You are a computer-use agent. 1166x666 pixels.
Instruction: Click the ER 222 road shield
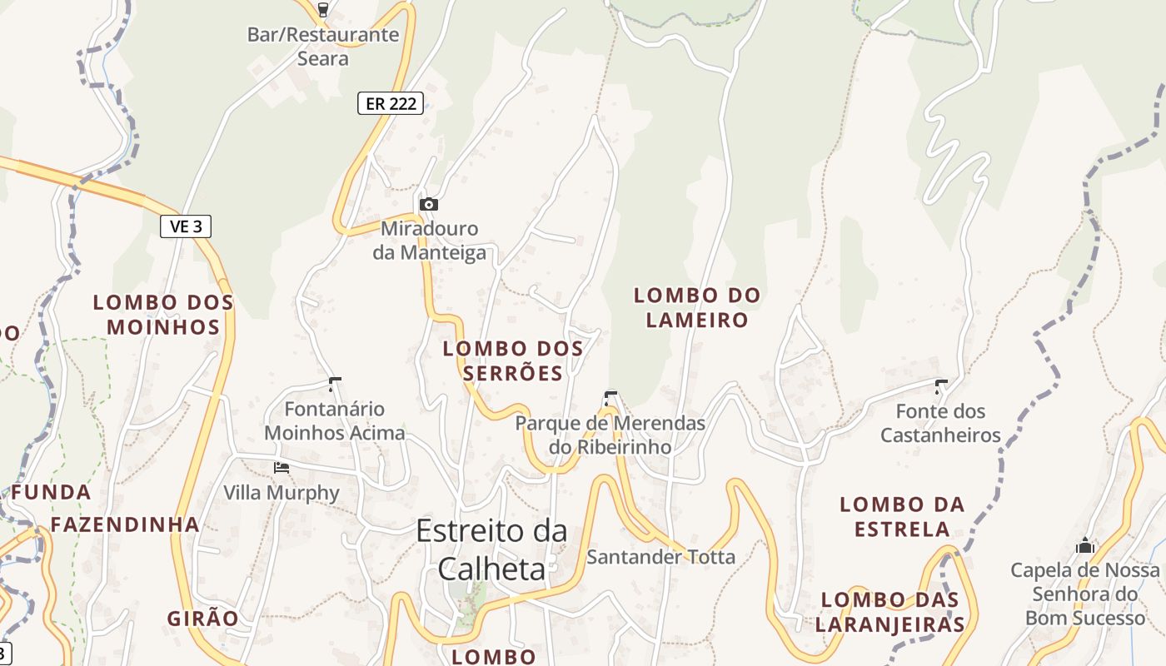click(x=391, y=103)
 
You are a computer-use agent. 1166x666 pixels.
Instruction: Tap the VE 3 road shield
click(x=186, y=226)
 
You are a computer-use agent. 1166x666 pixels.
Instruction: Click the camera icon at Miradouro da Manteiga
click(x=428, y=204)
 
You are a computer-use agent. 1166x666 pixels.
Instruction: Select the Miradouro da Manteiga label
click(x=429, y=241)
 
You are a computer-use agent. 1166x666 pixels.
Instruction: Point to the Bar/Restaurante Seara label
click(x=323, y=47)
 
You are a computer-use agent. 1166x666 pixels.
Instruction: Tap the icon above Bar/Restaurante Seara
click(x=323, y=10)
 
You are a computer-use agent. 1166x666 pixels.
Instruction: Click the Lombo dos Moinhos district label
click(x=163, y=315)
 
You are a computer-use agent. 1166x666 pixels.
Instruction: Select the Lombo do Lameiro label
click(x=697, y=307)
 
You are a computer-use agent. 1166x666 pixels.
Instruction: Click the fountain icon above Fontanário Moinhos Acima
click(x=335, y=384)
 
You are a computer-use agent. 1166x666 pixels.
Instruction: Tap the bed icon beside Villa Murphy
click(x=282, y=468)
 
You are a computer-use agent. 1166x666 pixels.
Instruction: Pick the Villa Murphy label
click(x=282, y=493)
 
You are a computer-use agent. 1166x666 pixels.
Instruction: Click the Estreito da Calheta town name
click(x=491, y=549)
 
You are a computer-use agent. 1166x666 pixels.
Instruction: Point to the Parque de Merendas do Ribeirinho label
click(x=610, y=435)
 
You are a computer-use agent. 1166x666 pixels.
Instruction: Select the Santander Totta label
click(x=660, y=556)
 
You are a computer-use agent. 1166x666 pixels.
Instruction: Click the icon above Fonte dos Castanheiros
click(x=941, y=386)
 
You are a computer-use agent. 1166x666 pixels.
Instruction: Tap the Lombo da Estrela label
click(x=902, y=516)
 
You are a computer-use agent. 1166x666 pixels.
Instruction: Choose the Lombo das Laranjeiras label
click(x=889, y=612)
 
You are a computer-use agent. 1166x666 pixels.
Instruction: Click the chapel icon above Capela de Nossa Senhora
click(x=1084, y=546)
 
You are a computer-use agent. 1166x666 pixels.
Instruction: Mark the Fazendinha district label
click(x=125, y=524)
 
